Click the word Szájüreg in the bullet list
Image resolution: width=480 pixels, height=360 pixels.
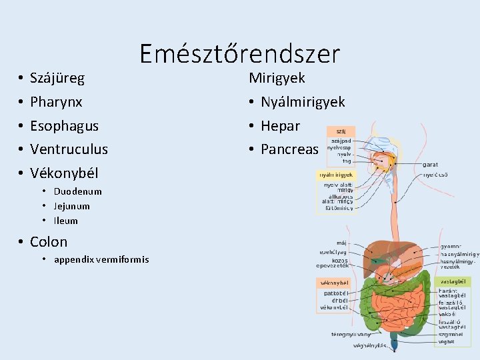[57, 79]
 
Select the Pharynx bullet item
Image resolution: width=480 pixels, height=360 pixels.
[56, 102]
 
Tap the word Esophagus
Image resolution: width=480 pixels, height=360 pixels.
[64, 126]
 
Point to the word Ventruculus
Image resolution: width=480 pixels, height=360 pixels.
[69, 149]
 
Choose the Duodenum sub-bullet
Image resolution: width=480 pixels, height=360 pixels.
[77, 191]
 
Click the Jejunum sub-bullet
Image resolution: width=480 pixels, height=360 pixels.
[71, 206]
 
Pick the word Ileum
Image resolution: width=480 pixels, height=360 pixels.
[65, 221]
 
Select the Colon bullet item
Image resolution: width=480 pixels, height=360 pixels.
[49, 241]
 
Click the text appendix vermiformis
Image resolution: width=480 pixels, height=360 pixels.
[101, 259]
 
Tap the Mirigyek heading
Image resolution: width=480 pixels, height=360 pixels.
[277, 78]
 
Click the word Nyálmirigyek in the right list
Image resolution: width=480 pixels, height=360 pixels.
[303, 102]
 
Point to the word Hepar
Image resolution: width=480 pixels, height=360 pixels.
[280, 126]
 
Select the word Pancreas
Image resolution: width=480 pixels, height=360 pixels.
[289, 149]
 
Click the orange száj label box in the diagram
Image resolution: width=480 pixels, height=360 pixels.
[341, 131]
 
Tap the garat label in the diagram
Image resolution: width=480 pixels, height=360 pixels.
[430, 164]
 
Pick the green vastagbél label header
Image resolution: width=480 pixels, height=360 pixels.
[451, 282]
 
